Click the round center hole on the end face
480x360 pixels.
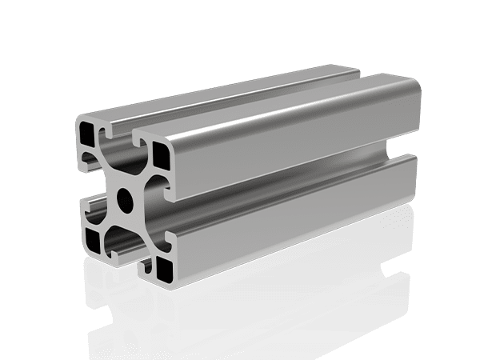(126, 195)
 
